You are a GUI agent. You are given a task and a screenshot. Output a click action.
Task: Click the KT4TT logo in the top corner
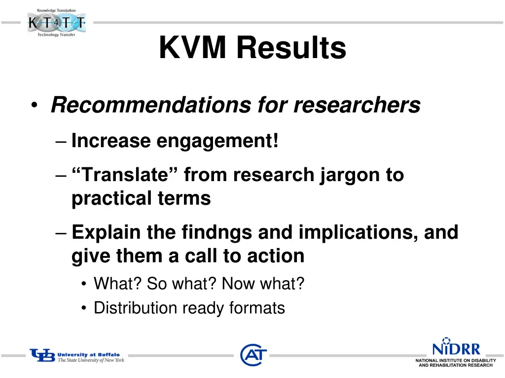pyautogui.click(x=56, y=22)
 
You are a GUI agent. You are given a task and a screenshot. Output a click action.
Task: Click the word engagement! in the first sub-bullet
pyautogui.click(x=217, y=142)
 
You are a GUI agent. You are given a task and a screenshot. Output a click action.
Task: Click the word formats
pyautogui.click(x=257, y=308)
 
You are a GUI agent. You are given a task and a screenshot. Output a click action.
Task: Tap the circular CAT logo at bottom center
pyautogui.click(x=253, y=355)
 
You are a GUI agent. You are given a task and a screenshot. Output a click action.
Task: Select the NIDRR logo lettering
pyautogui.click(x=456, y=349)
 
